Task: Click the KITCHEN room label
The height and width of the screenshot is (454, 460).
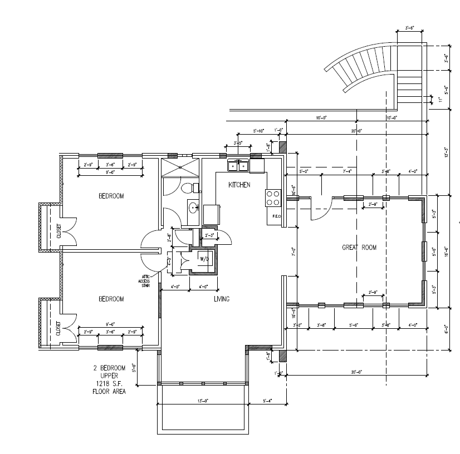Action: click(x=239, y=184)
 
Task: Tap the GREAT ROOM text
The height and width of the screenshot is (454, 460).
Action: click(x=359, y=248)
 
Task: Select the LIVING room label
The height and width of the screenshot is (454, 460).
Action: click(x=222, y=299)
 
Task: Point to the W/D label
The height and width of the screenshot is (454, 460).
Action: click(x=204, y=259)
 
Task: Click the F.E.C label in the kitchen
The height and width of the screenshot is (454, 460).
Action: click(x=275, y=216)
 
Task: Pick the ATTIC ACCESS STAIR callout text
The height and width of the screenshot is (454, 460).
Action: click(x=144, y=282)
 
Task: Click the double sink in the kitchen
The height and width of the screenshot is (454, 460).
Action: click(x=238, y=165)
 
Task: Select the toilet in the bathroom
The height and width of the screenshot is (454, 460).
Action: click(x=189, y=187)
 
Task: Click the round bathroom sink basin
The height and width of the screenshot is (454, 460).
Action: click(x=193, y=208)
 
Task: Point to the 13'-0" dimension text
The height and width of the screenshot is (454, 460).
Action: click(x=202, y=402)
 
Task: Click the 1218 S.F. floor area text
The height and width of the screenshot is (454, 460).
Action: click(x=109, y=384)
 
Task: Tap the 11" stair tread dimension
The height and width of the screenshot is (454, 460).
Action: click(x=440, y=100)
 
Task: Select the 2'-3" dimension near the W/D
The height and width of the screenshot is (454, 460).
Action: click(x=210, y=235)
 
